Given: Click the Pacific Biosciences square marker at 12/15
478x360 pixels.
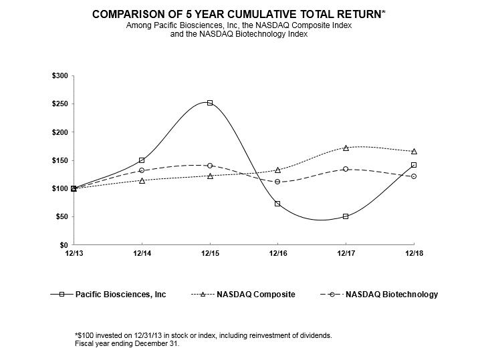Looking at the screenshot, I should click(210, 103).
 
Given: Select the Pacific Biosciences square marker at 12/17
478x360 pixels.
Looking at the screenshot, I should click(346, 216).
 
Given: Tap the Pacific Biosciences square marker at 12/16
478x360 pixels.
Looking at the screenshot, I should click(277, 204).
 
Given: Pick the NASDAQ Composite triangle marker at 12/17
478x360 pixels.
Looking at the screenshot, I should click(346, 148).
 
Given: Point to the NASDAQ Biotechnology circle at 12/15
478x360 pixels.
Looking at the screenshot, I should click(210, 166).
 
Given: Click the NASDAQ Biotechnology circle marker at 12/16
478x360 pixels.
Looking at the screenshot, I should click(277, 182).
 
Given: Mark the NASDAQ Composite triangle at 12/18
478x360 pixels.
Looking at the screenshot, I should click(414, 152).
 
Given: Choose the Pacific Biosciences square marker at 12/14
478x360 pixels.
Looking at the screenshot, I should click(142, 160).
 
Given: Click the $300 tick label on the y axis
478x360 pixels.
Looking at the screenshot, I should click(59, 76).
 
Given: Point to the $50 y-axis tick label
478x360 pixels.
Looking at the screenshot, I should click(62, 217).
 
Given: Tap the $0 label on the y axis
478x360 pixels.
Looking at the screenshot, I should click(64, 245).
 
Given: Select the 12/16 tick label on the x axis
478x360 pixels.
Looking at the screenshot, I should click(277, 253).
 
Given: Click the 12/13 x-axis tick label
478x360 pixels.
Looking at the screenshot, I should click(74, 253).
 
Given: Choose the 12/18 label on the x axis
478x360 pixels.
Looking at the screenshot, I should click(414, 253).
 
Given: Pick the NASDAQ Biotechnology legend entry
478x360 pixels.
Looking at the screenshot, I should click(391, 295).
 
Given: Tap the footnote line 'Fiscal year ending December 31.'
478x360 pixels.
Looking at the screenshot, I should click(128, 344).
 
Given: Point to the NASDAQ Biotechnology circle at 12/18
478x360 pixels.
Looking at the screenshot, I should click(414, 176).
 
